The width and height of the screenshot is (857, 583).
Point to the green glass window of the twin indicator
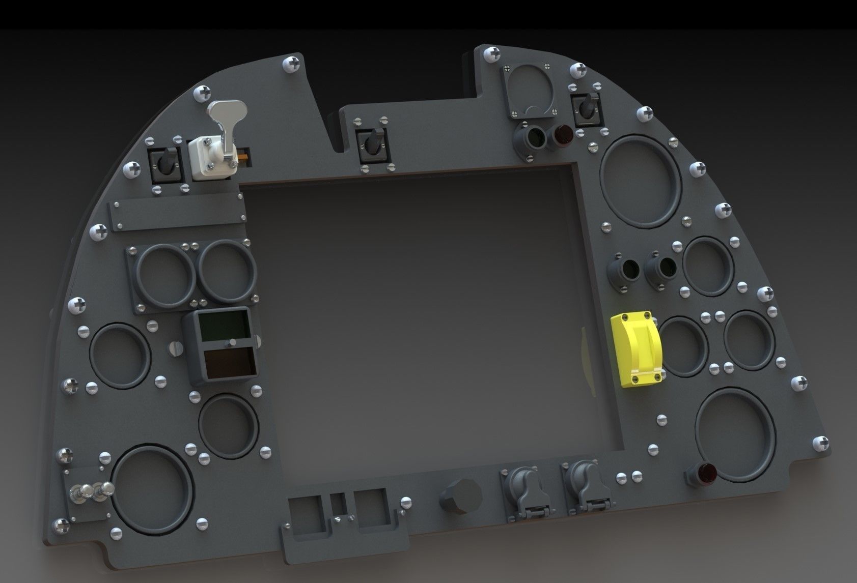pyautogui.click(x=223, y=327)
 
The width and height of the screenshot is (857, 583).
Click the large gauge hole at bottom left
pyautogui.click(x=152, y=485)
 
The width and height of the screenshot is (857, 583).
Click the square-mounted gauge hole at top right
pyautogui.click(x=530, y=91)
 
